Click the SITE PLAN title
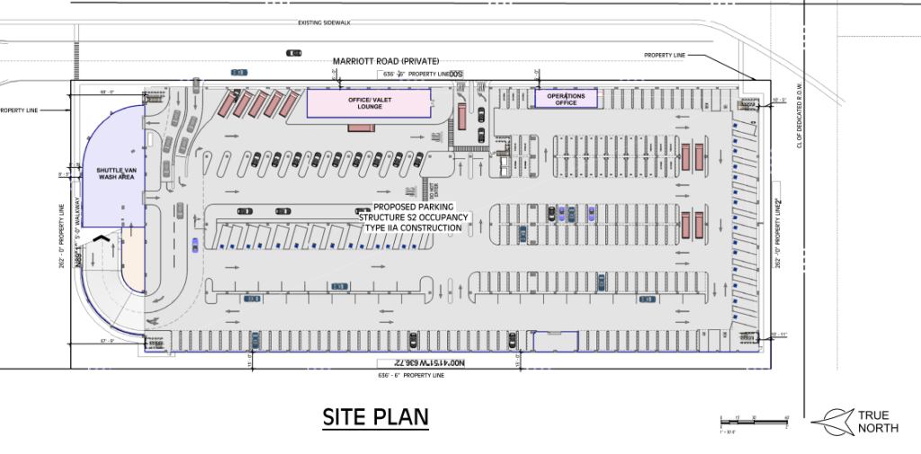376,418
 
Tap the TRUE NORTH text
878,421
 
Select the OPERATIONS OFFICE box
566,99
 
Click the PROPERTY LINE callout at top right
665,56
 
